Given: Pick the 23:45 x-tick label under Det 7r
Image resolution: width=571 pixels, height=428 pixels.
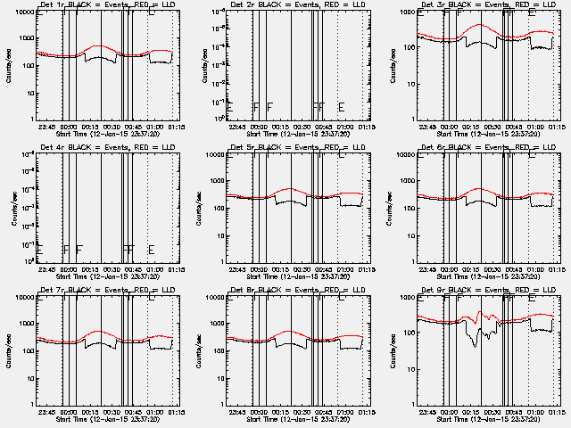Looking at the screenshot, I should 46,412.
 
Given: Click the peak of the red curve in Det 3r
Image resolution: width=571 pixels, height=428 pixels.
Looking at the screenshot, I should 480,26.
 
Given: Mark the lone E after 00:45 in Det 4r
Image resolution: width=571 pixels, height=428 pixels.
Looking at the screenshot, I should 151,249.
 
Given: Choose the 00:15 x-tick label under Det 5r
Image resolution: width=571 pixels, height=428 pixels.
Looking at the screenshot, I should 279,269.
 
